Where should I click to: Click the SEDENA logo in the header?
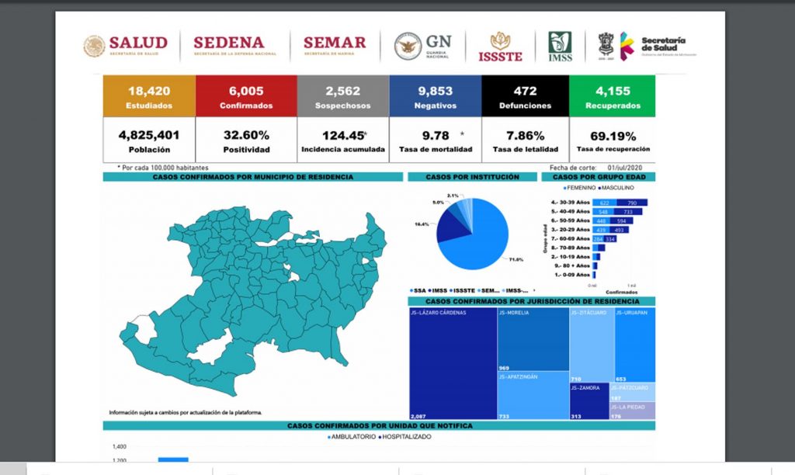228,46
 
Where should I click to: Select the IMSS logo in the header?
560,47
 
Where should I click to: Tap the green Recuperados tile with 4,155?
613,96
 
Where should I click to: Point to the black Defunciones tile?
525,96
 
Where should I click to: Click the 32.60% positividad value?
245,135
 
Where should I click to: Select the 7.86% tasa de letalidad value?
525,135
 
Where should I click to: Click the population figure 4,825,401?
148,135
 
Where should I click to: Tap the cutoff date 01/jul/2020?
633,168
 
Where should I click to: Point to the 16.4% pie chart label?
422,224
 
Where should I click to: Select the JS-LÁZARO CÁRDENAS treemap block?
453,363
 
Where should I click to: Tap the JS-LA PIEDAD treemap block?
632,411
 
